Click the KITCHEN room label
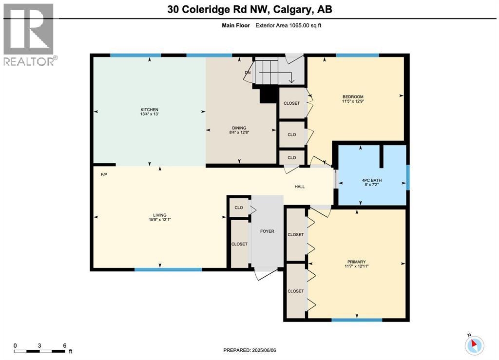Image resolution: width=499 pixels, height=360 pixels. tap(149, 110)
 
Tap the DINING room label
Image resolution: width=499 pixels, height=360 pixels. tap(239, 128)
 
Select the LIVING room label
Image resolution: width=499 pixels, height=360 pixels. tap(160, 215)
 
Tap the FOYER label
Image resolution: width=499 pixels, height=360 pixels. tap(267, 231)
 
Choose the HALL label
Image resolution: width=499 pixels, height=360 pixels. tap(300, 187)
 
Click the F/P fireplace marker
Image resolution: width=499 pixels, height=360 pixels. tap(104, 174)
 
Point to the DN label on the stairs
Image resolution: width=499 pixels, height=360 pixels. tap(248, 73)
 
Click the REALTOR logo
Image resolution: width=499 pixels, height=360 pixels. tap(29, 35)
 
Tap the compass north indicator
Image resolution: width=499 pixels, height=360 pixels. tap(474, 345)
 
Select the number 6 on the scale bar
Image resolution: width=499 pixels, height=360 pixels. tap(65, 345)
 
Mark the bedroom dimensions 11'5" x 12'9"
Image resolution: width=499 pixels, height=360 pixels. tap(353, 102)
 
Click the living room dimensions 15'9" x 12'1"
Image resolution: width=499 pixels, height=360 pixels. tap(160, 220)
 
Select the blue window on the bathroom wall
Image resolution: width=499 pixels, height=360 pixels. tap(408, 177)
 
